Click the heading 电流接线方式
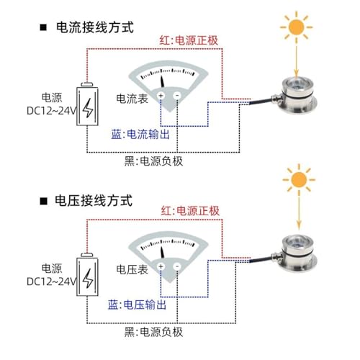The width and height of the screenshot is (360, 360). tap(95, 27)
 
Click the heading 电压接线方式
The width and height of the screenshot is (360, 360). tap(94, 200)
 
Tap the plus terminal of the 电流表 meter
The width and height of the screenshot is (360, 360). tap(161, 96)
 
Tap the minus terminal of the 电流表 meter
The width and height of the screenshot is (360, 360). tap(177, 96)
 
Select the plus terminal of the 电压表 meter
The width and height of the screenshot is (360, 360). tap(161, 266)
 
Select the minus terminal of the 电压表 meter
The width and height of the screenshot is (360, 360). tap(177, 266)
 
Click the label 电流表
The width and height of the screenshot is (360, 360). tap(132, 99)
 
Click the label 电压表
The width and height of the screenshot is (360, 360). tap(132, 269)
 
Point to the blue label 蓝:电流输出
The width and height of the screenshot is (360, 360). tap(140, 134)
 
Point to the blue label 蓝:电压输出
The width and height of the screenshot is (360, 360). tap(137, 305)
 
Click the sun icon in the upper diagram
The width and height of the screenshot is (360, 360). tap(297, 27)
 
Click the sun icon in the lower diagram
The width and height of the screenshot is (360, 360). tap(299, 180)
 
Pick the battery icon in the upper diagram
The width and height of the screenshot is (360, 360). tap(87, 104)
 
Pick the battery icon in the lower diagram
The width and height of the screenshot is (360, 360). tap(87, 274)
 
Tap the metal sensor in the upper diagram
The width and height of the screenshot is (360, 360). tap(298, 96)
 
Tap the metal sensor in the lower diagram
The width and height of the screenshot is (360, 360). tap(298, 254)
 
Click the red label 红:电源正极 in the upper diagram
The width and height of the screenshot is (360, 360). tap(189, 40)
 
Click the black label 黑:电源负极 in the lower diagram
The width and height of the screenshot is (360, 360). tap(153, 332)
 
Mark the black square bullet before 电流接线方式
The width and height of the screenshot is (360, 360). tap(43, 27)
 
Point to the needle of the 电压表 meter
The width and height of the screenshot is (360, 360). tap(162, 252)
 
